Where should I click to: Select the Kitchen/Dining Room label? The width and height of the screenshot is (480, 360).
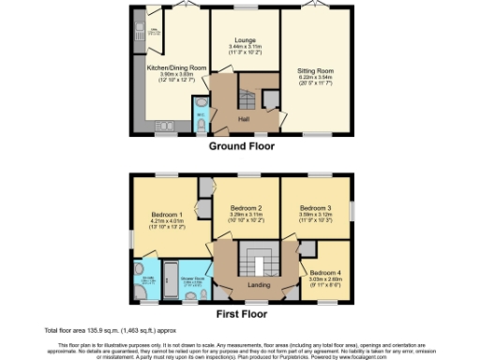(x=175, y=67)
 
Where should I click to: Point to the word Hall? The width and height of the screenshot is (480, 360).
(x=243, y=119)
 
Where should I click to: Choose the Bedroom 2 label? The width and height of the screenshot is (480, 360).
(x=245, y=207)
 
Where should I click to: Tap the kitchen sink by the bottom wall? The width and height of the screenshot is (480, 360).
(x=167, y=126)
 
